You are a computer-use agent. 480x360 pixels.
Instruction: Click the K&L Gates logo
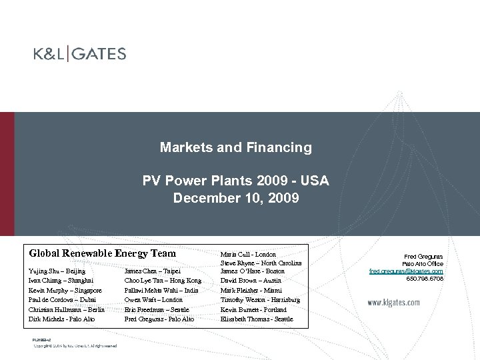pos(80,54)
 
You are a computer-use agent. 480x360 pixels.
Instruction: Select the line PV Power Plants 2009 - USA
pos(236,181)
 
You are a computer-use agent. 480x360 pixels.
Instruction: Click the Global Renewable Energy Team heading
pos(102,253)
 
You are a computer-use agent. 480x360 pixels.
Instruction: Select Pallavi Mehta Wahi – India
pos(161,291)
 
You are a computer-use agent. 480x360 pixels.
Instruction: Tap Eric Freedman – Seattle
pos(157,309)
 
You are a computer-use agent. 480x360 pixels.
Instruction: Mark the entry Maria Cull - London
pos(248,254)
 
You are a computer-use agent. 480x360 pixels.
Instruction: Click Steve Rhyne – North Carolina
pos(261,263)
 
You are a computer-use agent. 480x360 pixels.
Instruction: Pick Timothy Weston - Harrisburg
pos(260,300)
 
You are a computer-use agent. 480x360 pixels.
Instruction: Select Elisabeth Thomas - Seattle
pos(256,319)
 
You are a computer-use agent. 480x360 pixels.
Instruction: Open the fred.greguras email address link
pos(406,271)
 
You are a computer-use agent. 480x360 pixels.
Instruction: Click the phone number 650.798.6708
pos(424,279)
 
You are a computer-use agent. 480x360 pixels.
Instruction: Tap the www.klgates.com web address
pos(394,303)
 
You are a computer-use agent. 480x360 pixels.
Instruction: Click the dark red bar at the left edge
pos(7,173)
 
